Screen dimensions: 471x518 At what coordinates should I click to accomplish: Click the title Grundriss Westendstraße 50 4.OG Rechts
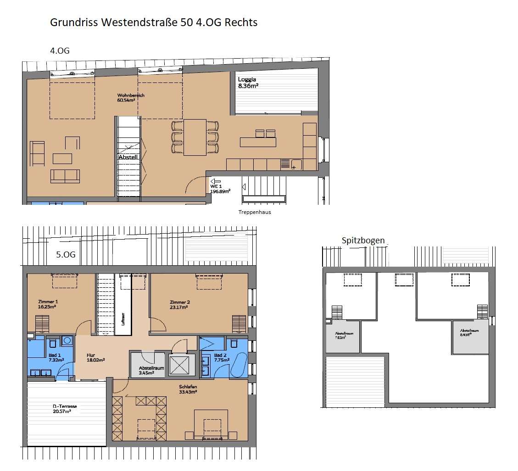(x=154, y=22)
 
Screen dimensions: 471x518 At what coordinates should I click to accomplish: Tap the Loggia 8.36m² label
(x=248, y=82)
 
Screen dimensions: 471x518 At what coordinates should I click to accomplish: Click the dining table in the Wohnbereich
(x=195, y=136)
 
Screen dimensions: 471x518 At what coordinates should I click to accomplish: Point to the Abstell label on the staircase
(x=128, y=157)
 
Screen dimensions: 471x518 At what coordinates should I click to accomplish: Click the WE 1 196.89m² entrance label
(x=220, y=189)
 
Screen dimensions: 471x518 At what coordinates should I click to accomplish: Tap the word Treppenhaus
(x=255, y=212)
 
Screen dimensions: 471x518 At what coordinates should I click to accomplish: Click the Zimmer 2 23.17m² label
(x=179, y=305)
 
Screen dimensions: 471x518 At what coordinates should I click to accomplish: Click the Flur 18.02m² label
(x=95, y=357)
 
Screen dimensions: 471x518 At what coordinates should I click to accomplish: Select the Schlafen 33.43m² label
(x=188, y=389)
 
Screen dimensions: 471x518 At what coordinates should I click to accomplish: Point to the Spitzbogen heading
(x=363, y=241)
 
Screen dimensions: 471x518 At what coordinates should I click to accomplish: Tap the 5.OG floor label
(x=66, y=253)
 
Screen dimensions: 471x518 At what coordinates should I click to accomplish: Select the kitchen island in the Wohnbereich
(x=258, y=142)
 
